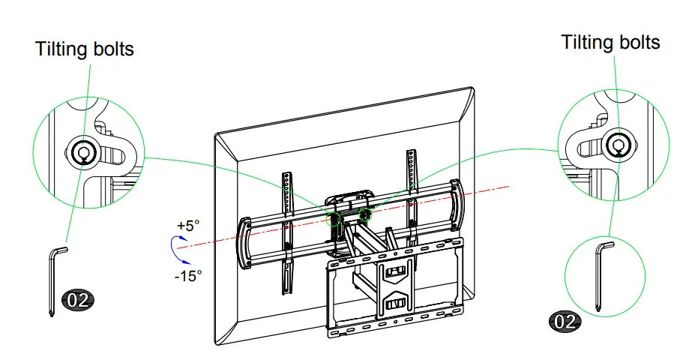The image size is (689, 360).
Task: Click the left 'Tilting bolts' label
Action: point(84,49)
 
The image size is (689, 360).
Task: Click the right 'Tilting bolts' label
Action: point(610,42)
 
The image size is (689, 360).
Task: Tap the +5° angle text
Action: point(190,225)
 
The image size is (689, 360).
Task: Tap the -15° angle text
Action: point(187,275)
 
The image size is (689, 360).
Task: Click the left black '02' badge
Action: point(79,301)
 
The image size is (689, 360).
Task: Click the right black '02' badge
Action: point(566,322)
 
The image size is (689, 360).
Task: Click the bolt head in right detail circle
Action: point(618,142)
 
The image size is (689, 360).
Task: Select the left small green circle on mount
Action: point(334,218)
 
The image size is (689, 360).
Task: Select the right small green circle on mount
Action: point(366,214)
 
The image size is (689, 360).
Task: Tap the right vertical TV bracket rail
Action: point(411,195)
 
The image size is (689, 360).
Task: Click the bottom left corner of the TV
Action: point(218,344)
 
